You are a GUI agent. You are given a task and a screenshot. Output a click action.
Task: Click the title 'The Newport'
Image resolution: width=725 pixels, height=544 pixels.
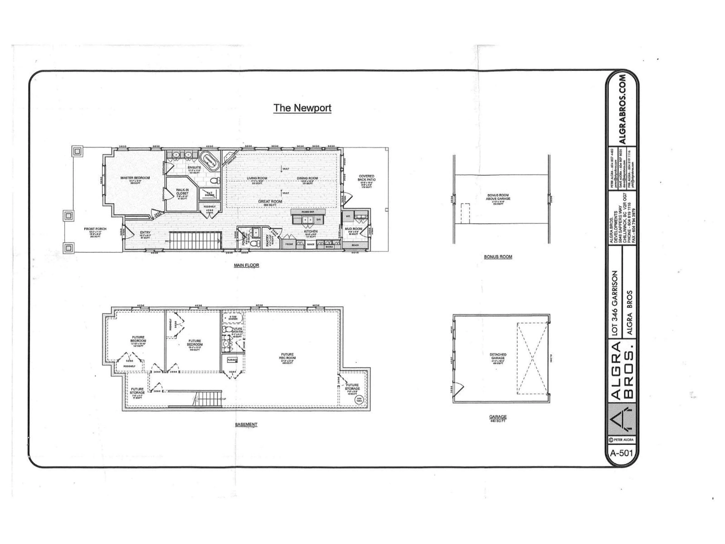pyautogui.click(x=302, y=108)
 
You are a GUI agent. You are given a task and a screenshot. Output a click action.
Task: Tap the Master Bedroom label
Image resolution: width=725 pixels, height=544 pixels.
pyautogui.click(x=135, y=178)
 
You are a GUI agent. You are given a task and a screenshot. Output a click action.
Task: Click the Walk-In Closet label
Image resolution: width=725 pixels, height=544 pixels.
pyautogui.click(x=182, y=192)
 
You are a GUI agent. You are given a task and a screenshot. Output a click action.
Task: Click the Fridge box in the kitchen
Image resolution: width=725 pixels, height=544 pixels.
pyautogui.click(x=289, y=244)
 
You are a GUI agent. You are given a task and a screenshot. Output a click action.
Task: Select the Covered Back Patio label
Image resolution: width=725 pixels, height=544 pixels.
pyautogui.click(x=366, y=178)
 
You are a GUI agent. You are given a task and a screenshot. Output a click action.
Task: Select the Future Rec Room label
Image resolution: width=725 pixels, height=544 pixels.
pyautogui.click(x=287, y=356)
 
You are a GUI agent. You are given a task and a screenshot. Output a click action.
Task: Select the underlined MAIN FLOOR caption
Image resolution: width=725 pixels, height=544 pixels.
pyautogui.click(x=246, y=265)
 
